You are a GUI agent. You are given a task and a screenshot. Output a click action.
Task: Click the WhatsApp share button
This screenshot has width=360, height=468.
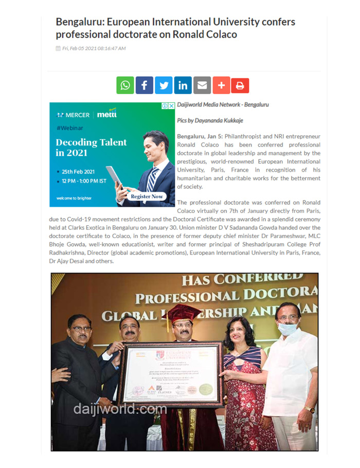coord(125,85)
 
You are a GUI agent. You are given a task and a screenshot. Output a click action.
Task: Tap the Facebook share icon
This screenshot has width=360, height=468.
coord(145,85)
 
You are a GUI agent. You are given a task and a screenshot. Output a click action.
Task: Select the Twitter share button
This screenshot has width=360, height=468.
coord(164,85)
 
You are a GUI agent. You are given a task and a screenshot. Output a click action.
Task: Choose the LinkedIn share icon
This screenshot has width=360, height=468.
coord(183,85)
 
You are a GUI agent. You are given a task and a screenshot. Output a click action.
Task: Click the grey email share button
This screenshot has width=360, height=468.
coord(202,85)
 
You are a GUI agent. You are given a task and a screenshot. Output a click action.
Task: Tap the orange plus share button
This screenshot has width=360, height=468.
coord(221,85)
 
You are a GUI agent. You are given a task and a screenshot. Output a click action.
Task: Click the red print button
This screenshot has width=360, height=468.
coord(240,85)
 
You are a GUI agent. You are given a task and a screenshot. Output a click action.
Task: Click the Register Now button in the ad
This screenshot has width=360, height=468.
coord(147,196)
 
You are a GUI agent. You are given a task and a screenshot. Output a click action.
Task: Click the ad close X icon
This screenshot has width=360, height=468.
coord(171,106)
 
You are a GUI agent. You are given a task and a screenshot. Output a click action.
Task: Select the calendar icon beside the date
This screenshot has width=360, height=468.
coord(58,49)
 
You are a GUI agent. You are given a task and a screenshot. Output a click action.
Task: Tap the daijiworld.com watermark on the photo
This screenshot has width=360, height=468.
coord(120,409)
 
